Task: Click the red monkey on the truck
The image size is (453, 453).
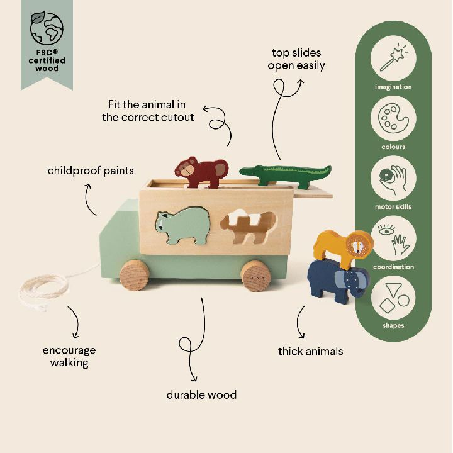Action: pyautogui.click(x=201, y=172)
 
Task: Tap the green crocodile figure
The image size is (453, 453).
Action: pyautogui.click(x=286, y=174)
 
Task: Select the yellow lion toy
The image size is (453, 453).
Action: pyautogui.click(x=344, y=248)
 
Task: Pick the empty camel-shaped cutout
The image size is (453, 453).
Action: pyautogui.click(x=248, y=226)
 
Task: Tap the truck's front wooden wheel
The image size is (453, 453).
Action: pyautogui.click(x=135, y=275)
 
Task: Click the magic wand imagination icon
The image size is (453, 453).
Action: pyautogui.click(x=393, y=58)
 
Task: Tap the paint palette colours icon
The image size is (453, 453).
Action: pyautogui.click(x=393, y=118)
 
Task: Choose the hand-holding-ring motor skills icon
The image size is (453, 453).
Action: pyautogui.click(x=393, y=178)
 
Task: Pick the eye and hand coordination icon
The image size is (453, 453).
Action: pyautogui.click(x=393, y=238)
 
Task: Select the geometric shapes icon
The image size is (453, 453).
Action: pyautogui.click(x=393, y=298)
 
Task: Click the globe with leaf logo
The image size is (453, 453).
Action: pyautogui.click(x=47, y=28)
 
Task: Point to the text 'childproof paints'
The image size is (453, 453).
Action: pyautogui.click(x=91, y=171)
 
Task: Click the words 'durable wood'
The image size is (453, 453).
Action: pyautogui.click(x=202, y=395)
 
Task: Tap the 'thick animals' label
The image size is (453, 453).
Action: pyautogui.click(x=311, y=351)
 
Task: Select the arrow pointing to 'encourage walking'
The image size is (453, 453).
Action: pyautogui.click(x=77, y=322)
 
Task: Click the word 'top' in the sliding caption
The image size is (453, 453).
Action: pyautogui.click(x=280, y=53)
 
